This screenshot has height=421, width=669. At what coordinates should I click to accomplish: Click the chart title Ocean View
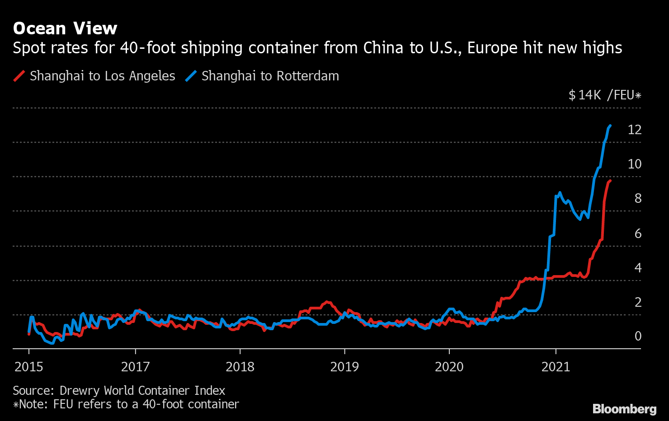[x=65, y=28]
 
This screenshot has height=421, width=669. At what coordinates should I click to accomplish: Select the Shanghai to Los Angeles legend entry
[x=102, y=76]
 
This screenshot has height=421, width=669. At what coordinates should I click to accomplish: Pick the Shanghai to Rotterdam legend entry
[x=270, y=76]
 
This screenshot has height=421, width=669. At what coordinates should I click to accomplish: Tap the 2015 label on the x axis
[x=29, y=366]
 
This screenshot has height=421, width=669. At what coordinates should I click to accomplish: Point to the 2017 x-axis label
[x=135, y=366]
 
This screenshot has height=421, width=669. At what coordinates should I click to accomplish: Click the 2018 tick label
[x=240, y=366]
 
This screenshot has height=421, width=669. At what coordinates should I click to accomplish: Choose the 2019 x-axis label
[x=344, y=366]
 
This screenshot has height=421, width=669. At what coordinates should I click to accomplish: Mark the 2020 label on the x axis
[x=449, y=366]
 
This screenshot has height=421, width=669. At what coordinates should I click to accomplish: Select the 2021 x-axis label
[x=556, y=366]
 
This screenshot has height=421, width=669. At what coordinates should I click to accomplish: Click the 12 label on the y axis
[x=634, y=130]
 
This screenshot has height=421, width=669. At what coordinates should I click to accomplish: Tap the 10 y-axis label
[x=634, y=164]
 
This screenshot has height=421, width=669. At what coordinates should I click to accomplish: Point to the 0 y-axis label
[x=638, y=336]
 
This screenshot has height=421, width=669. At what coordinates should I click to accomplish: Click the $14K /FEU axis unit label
[x=605, y=95]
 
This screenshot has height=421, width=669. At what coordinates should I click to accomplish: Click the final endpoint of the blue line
[x=610, y=126]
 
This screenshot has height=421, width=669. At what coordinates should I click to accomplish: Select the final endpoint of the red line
[x=610, y=181]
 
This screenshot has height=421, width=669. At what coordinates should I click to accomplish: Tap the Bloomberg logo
[x=624, y=409]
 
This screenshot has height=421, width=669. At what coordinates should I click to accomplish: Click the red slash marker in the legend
[x=19, y=76]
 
